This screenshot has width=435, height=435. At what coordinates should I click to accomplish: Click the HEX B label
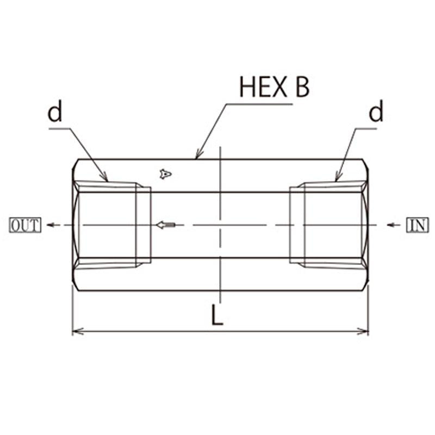(274, 87)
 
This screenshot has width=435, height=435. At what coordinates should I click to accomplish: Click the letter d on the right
(376, 111)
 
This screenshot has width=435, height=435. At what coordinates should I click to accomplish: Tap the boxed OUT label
(25, 225)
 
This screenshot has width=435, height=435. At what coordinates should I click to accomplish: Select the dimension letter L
(217, 315)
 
